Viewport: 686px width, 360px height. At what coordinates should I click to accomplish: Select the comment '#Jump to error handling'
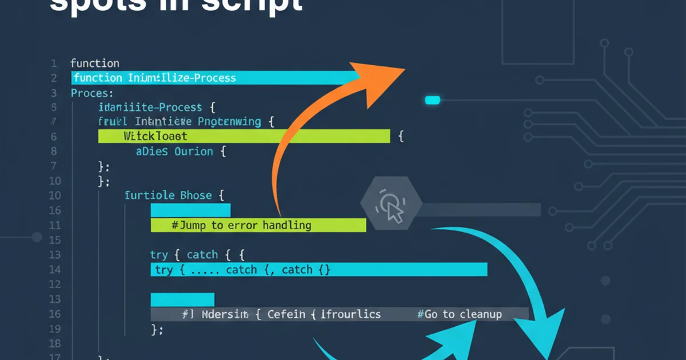pyautogui.click(x=241, y=225)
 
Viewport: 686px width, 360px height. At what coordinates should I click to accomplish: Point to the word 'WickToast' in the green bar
pyautogui.click(x=155, y=136)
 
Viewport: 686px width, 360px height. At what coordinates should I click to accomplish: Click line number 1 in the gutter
pyautogui.click(x=54, y=63)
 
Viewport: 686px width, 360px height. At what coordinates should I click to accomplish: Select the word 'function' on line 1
pyautogui.click(x=94, y=63)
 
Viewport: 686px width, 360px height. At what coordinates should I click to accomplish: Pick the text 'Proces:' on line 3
pyautogui.click(x=92, y=93)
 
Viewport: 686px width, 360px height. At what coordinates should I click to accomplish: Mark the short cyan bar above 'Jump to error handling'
pyautogui.click(x=190, y=210)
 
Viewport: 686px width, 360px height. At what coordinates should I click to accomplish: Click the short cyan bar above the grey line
pyautogui.click(x=182, y=299)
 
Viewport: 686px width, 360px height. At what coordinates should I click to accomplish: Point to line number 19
pyautogui.click(x=54, y=329)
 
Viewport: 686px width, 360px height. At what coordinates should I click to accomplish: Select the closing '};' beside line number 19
pyautogui.click(x=157, y=329)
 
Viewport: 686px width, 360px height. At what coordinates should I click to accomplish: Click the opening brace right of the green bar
pyautogui.click(x=401, y=136)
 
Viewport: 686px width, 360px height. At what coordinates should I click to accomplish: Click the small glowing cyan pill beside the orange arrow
pyautogui.click(x=433, y=101)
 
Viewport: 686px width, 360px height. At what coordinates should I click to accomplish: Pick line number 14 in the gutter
pyautogui.click(x=54, y=270)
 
